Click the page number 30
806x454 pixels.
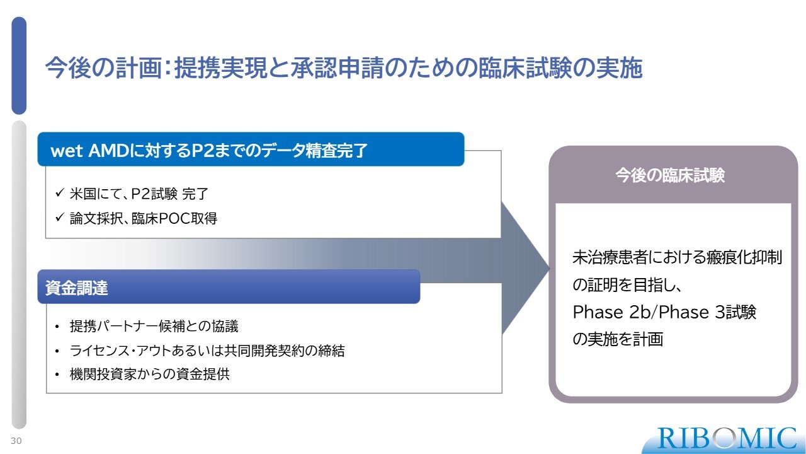tap(16, 441)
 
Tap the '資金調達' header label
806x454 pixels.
tap(77, 288)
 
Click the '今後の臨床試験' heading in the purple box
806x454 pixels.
tap(669, 175)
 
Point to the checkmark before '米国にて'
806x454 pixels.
tap(60, 193)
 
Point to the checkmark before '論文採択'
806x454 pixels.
tap(60, 218)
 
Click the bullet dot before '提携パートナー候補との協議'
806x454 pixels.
tap(57, 327)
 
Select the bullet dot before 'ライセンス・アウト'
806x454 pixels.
tap(57, 351)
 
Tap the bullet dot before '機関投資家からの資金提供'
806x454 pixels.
tap(57, 375)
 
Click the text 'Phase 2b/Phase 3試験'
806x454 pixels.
tap(664, 311)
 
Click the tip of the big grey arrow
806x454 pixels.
tap(550, 268)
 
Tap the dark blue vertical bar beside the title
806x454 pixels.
tap(19, 66)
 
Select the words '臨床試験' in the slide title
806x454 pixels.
tap(525, 67)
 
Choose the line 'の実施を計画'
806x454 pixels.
tap(618, 339)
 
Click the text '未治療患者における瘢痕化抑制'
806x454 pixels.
tap(677, 257)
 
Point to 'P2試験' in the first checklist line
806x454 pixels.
tap(154, 194)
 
